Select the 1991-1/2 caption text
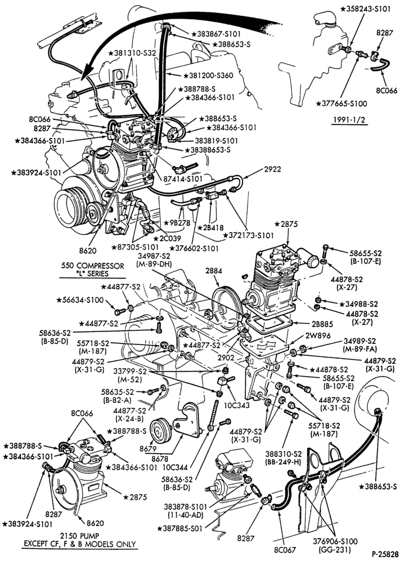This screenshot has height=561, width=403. [350, 120]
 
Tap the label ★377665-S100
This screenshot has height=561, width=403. [342, 104]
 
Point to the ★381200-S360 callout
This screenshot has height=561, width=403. [208, 75]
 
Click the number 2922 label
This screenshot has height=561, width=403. [272, 169]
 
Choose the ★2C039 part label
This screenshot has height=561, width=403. [167, 238]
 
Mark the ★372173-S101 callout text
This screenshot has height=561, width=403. [248, 235]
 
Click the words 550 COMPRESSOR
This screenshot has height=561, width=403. [92, 266]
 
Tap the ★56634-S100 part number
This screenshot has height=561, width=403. [80, 300]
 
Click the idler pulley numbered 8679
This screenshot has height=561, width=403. [161, 430]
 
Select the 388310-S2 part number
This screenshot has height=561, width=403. [284, 454]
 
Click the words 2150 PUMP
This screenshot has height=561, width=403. [79, 536]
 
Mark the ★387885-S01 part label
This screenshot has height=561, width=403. [180, 528]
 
